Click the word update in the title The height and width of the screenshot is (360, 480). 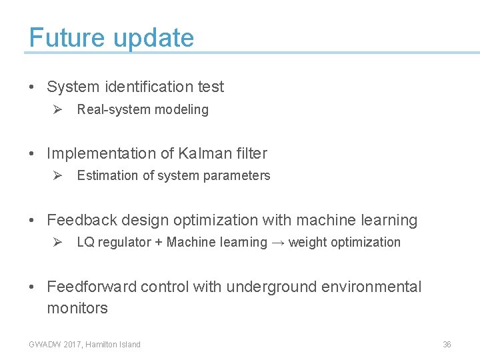pos(153,39)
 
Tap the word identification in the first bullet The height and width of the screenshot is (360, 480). pos(148,87)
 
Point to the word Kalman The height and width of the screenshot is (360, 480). pos(203,153)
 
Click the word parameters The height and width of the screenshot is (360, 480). pos(240,176)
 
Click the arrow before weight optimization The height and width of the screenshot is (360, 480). pos(278,243)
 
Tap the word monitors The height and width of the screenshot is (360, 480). pos(77,308)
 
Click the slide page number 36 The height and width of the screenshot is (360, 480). pos(447,345)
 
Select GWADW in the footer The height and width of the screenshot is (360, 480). pos(44,345)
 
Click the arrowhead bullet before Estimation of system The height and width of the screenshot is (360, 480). pos(58,175)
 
